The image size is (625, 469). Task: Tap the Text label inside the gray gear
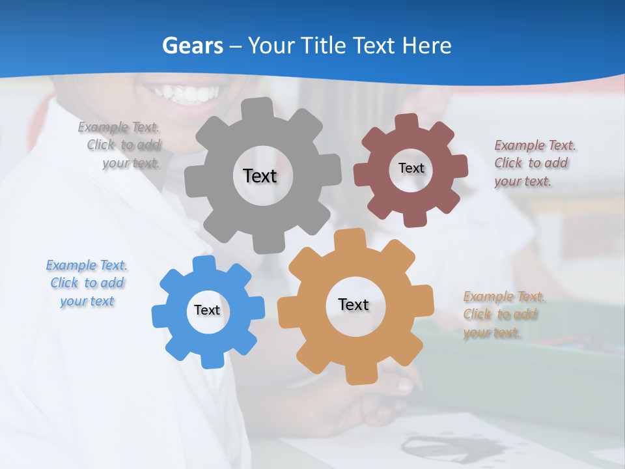260,176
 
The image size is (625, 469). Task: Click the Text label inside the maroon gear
411,168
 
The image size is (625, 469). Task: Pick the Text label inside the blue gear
207,310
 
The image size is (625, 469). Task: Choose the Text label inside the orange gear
354,304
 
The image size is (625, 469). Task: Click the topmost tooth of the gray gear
260,108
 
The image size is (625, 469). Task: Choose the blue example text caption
87,283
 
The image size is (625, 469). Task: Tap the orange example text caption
501,315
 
